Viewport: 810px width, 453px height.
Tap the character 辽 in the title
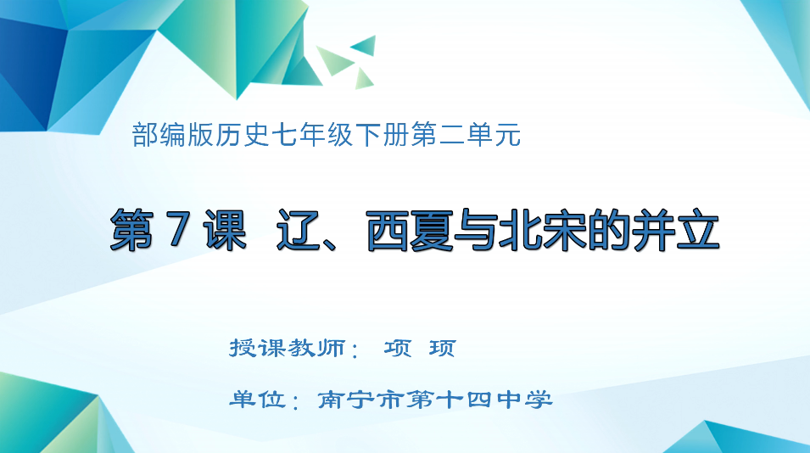tap(296, 230)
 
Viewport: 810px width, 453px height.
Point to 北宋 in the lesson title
tap(543, 230)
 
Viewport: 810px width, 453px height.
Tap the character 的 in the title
tap(608, 230)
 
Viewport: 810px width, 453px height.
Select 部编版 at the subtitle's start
tap(172, 135)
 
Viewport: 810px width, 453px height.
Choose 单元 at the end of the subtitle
tap(494, 135)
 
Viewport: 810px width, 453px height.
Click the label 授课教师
tap(288, 348)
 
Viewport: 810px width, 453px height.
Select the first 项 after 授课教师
tap(398, 348)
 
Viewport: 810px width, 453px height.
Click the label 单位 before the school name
tap(257, 399)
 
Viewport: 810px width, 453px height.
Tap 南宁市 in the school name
tap(361, 400)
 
